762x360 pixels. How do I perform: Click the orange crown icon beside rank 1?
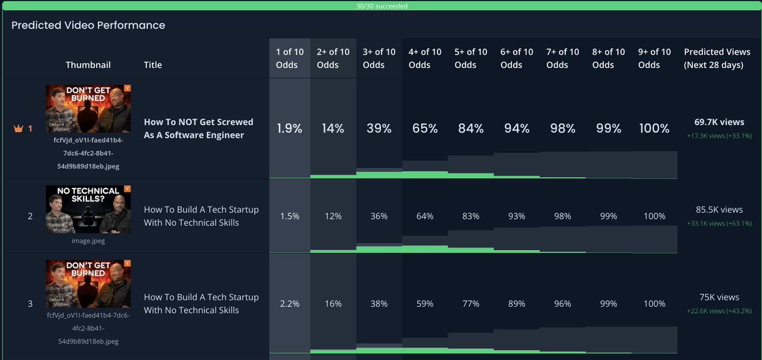[x=18, y=128]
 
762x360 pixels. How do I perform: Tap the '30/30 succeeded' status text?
[x=382, y=6]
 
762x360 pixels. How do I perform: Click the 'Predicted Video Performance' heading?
[x=88, y=25]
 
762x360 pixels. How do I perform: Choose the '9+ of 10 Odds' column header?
[x=654, y=58]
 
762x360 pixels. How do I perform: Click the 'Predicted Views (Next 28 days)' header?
[x=717, y=58]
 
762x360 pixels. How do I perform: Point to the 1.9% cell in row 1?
[x=289, y=128]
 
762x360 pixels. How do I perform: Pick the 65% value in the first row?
[x=425, y=128]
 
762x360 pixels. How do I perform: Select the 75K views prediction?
[x=719, y=297]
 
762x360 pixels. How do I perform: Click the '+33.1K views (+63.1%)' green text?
[x=719, y=223]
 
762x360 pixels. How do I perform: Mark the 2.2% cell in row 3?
[x=289, y=303]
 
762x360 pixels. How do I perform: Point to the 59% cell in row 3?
[x=425, y=303]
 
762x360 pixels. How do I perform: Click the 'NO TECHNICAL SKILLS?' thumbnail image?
[x=88, y=210]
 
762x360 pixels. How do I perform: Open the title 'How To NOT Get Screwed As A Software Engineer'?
[x=198, y=128]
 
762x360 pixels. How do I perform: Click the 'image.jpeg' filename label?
[x=88, y=241]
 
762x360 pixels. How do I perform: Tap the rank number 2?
[x=30, y=216]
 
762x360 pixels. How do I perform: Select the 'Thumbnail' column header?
[x=88, y=65]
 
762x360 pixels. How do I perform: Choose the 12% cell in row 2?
[x=333, y=216]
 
